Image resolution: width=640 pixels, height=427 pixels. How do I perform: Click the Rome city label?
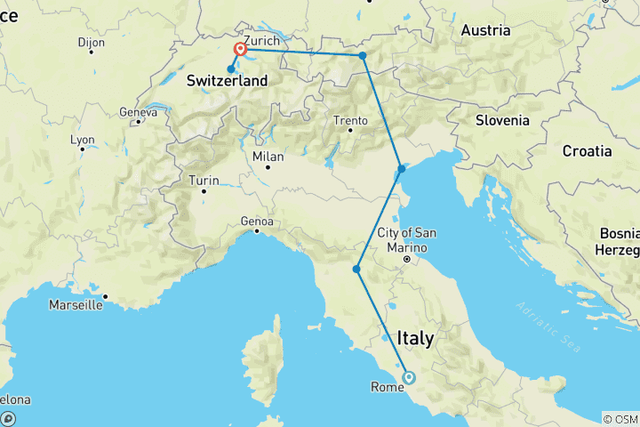coord(388,387)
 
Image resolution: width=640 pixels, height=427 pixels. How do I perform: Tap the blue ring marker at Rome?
coord(409,377)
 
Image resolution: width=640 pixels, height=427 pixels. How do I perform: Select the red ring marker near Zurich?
coord(240,49)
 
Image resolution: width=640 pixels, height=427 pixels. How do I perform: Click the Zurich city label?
coord(261,40)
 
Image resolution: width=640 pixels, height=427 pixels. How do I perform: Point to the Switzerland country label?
coord(227,81)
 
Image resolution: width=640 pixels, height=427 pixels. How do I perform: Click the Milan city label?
coord(268,157)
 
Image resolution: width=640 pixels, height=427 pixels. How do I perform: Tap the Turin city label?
coord(204,181)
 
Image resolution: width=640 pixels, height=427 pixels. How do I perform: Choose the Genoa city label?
coord(256,222)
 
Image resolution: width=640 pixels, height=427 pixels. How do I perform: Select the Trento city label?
coord(349,120)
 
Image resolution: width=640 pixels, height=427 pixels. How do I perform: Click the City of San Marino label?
coord(407,239)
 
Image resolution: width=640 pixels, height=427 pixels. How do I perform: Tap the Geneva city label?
coord(138,112)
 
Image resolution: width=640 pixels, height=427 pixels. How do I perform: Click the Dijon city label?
coord(91,42)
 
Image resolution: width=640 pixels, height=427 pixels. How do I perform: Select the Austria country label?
coord(485,30)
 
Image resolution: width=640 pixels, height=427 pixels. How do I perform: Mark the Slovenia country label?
coord(502,120)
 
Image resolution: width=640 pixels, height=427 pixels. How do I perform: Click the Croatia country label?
coord(587,151)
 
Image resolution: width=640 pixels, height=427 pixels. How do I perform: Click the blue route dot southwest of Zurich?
coord(231,68)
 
